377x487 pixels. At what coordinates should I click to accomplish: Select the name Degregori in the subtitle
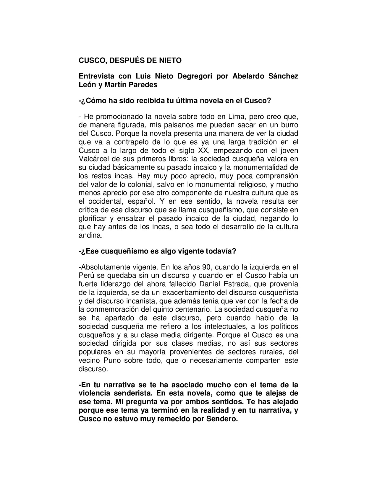(x=194, y=76)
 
